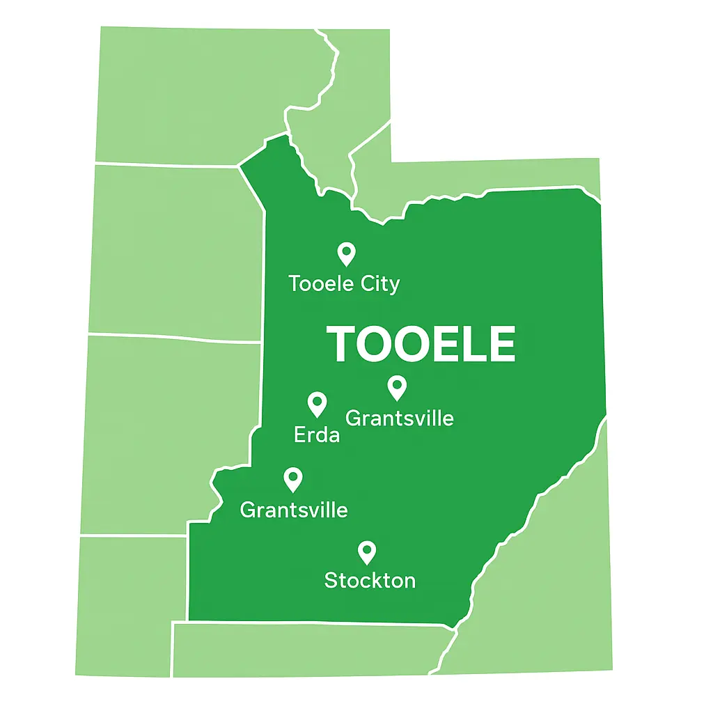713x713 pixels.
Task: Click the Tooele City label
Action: (344, 284)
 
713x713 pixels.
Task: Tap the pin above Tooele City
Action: (346, 253)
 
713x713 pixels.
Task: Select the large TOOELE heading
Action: (421, 344)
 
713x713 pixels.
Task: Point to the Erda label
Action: (317, 435)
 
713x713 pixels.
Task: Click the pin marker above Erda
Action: (317, 403)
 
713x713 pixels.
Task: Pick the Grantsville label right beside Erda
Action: (400, 418)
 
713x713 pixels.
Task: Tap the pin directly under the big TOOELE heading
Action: (397, 386)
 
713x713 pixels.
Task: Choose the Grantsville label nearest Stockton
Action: (294, 510)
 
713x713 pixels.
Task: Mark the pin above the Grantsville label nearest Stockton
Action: (293, 478)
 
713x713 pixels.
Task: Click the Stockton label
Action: (370, 580)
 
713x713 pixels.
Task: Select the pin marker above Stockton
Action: (367, 551)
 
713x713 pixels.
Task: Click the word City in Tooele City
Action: (380, 284)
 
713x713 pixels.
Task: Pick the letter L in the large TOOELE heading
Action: (469, 344)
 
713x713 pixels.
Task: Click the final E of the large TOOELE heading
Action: (501, 344)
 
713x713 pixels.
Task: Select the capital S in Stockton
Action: (331, 580)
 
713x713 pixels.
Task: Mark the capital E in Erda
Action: (300, 435)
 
